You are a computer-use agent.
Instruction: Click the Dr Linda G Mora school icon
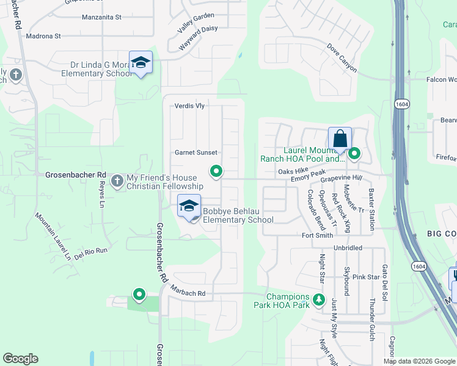coord(141,62)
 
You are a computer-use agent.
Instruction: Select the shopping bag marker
coord(340,138)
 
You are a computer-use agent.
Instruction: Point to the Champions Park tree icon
coord(318,300)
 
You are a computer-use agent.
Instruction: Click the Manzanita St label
coord(101,18)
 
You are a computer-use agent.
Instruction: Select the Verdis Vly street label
coord(189,106)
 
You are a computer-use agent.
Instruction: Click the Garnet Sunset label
coord(196,152)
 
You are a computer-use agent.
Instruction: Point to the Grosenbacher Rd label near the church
coord(76,174)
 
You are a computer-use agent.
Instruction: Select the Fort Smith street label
coord(318,235)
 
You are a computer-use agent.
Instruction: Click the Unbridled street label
coord(348,248)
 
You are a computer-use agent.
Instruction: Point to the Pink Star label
coord(366,277)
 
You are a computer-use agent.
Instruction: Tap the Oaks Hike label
coord(290,172)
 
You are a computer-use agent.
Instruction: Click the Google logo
coord(21,359)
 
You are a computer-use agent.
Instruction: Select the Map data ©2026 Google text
coord(419,361)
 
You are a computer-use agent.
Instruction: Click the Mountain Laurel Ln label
coord(53,235)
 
